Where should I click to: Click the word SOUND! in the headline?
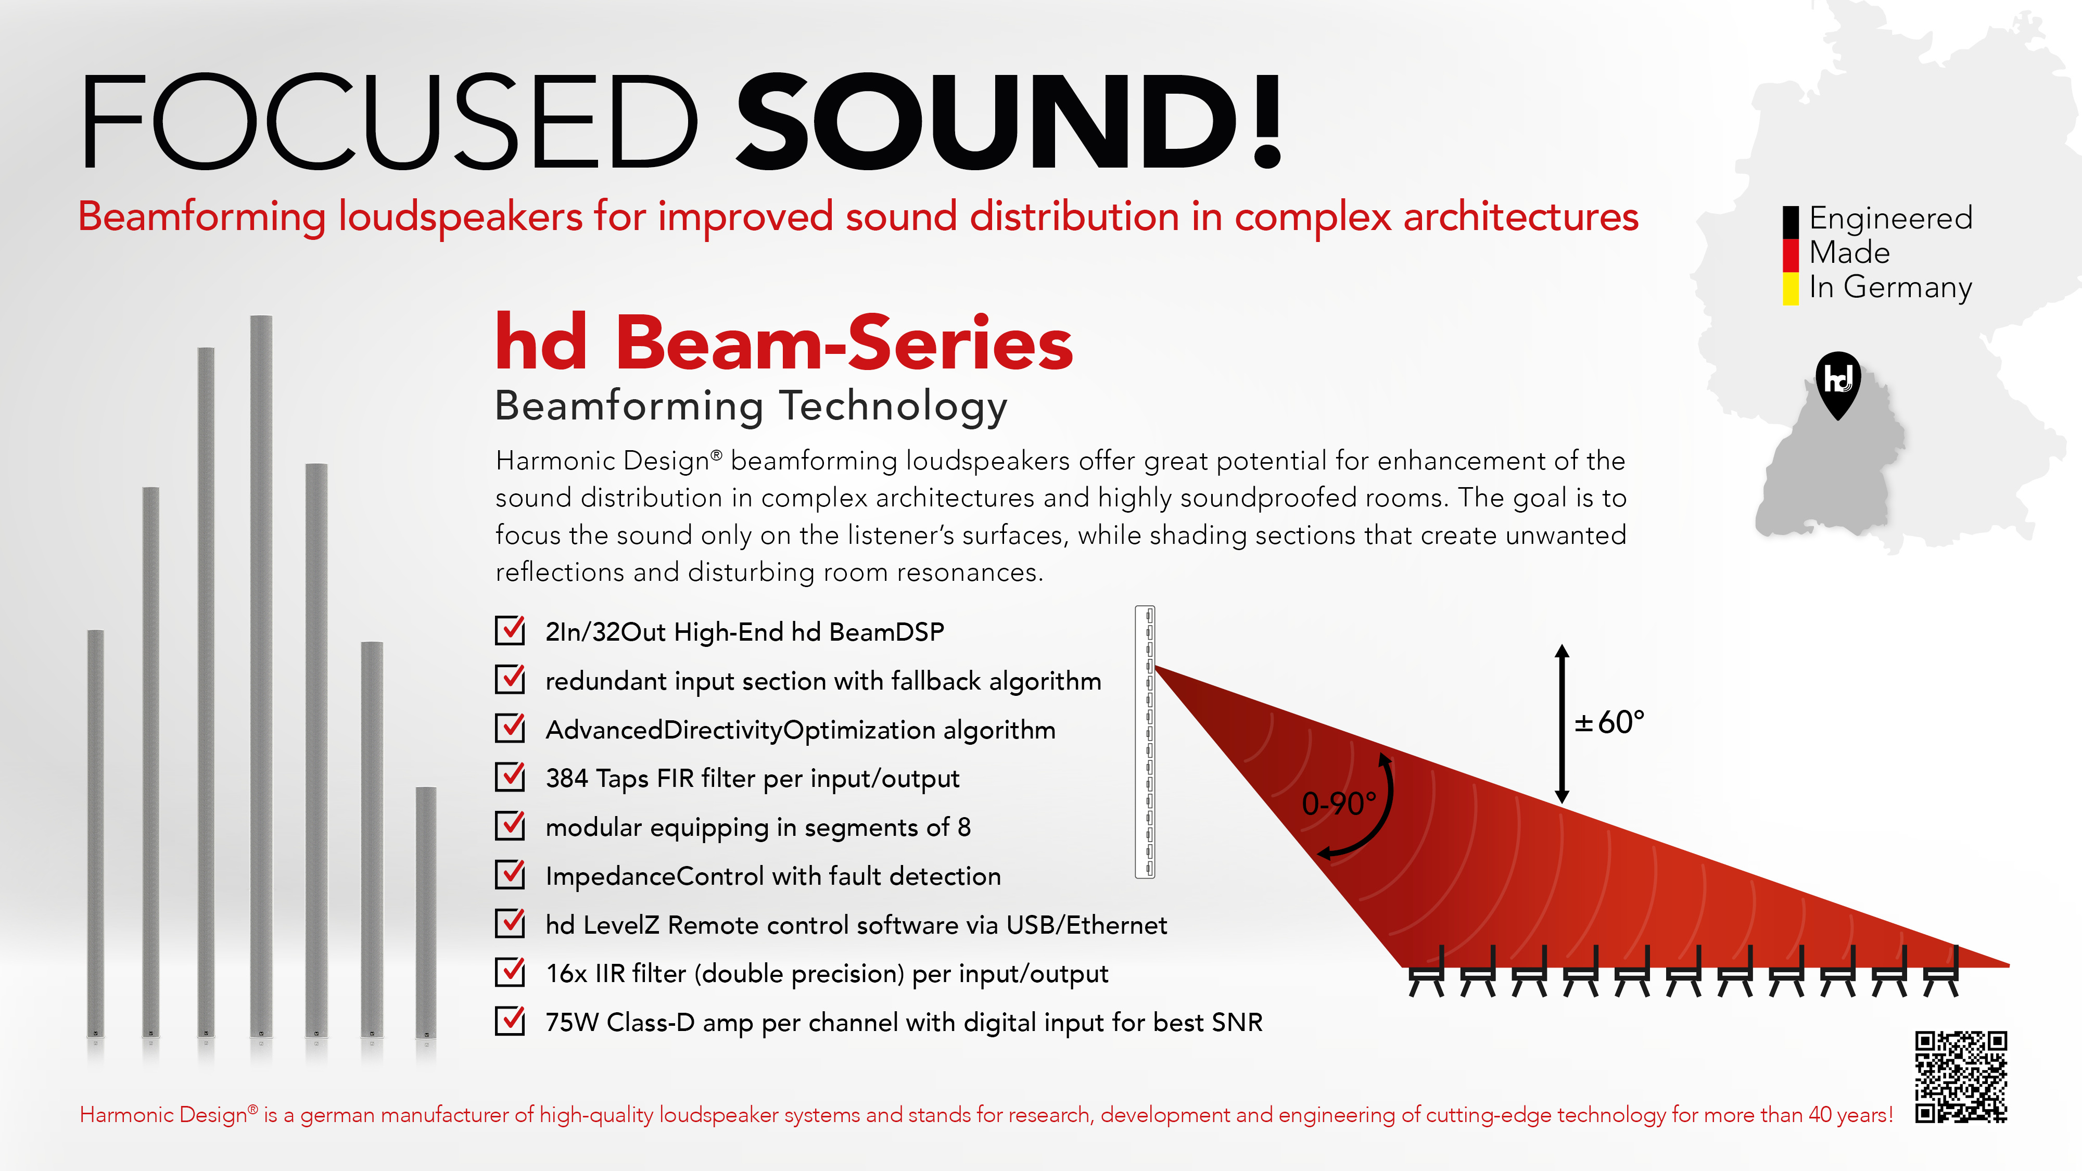1009,121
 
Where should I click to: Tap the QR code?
1961,1076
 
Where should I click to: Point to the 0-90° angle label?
1338,803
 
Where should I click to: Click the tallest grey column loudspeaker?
261,676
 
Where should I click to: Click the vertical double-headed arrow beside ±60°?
1563,723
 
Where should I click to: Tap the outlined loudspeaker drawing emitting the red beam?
1145,742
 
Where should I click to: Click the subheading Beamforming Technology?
752,406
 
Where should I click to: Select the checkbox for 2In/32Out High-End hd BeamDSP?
510,630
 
